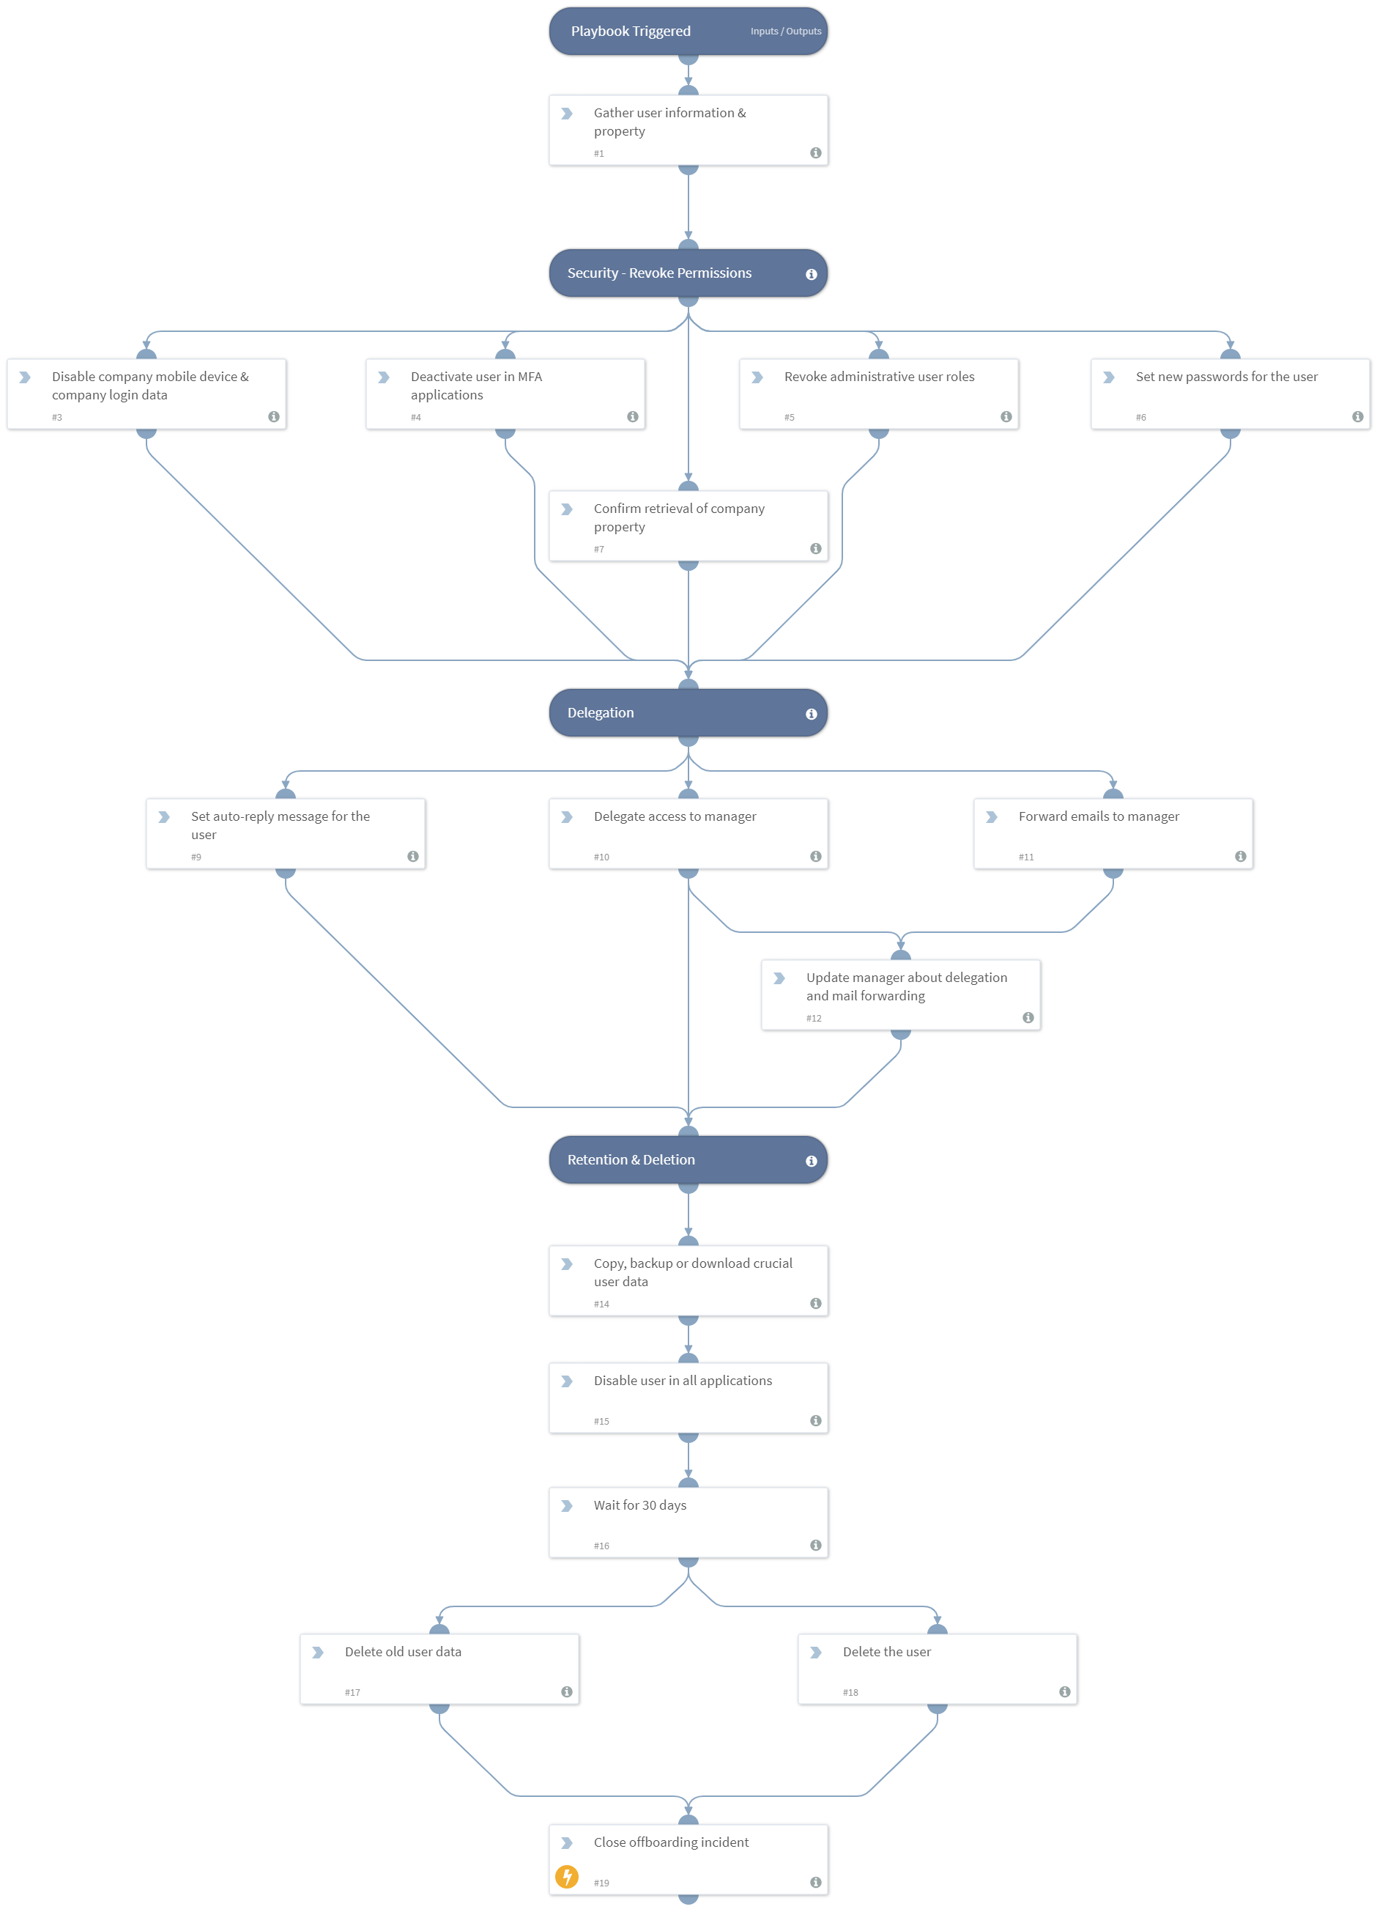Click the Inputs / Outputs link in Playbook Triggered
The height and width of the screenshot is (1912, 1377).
(x=785, y=32)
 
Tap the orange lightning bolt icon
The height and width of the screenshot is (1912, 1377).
(x=567, y=1877)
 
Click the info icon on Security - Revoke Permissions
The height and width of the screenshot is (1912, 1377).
(x=811, y=274)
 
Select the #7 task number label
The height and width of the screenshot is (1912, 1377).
(x=599, y=550)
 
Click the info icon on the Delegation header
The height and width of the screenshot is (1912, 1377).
(x=811, y=714)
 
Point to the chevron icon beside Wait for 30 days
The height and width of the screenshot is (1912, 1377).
(x=567, y=1506)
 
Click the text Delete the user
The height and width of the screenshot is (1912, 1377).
(x=886, y=1652)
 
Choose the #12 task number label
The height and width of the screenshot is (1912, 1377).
(x=813, y=1019)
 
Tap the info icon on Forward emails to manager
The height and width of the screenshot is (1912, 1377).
(x=1239, y=857)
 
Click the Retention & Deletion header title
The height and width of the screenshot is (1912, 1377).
(x=631, y=1159)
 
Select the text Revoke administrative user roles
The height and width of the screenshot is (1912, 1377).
(x=879, y=377)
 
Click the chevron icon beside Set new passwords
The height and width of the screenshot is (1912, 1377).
(x=1109, y=377)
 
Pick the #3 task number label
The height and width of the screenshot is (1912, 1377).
(x=57, y=417)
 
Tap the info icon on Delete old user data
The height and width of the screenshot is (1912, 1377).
(x=566, y=1692)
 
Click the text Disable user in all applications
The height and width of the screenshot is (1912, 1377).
(x=683, y=1380)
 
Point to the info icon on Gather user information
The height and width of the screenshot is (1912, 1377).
(x=815, y=152)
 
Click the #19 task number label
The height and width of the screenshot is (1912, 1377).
(x=601, y=1883)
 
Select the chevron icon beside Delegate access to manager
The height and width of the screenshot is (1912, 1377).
(x=567, y=817)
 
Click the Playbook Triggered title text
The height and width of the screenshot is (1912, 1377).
(x=631, y=32)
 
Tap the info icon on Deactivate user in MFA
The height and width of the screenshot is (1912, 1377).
(x=632, y=416)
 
